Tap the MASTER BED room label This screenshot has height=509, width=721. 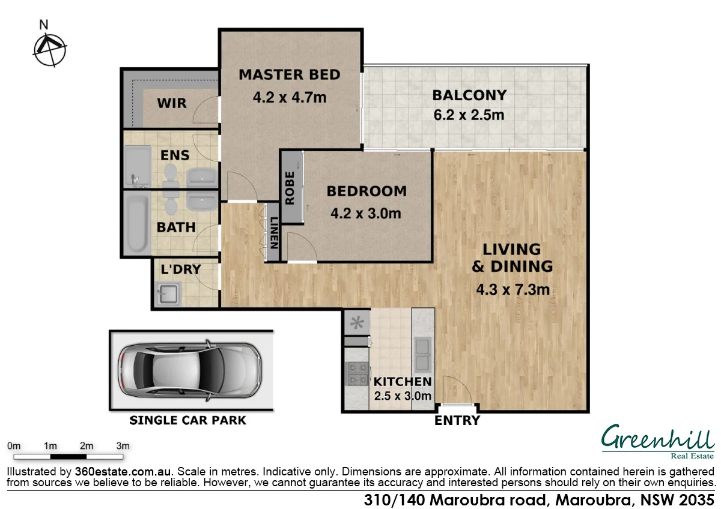[x=290, y=75]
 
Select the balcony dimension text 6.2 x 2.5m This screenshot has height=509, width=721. [x=469, y=115]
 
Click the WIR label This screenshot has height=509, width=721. [x=172, y=103]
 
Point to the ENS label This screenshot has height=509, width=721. [x=175, y=155]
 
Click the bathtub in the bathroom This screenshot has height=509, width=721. [x=137, y=224]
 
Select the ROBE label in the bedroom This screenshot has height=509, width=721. [x=290, y=188]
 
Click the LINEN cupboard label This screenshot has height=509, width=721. [x=273, y=233]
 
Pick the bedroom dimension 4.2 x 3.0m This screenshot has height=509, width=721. [x=366, y=213]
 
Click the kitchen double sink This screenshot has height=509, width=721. [x=423, y=354]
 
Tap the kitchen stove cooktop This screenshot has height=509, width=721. [x=356, y=373]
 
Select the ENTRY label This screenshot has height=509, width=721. [x=457, y=421]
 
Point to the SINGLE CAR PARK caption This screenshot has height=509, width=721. [x=188, y=420]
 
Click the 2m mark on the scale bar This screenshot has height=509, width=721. [x=87, y=446]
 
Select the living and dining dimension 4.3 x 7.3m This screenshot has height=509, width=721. [x=513, y=291]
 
